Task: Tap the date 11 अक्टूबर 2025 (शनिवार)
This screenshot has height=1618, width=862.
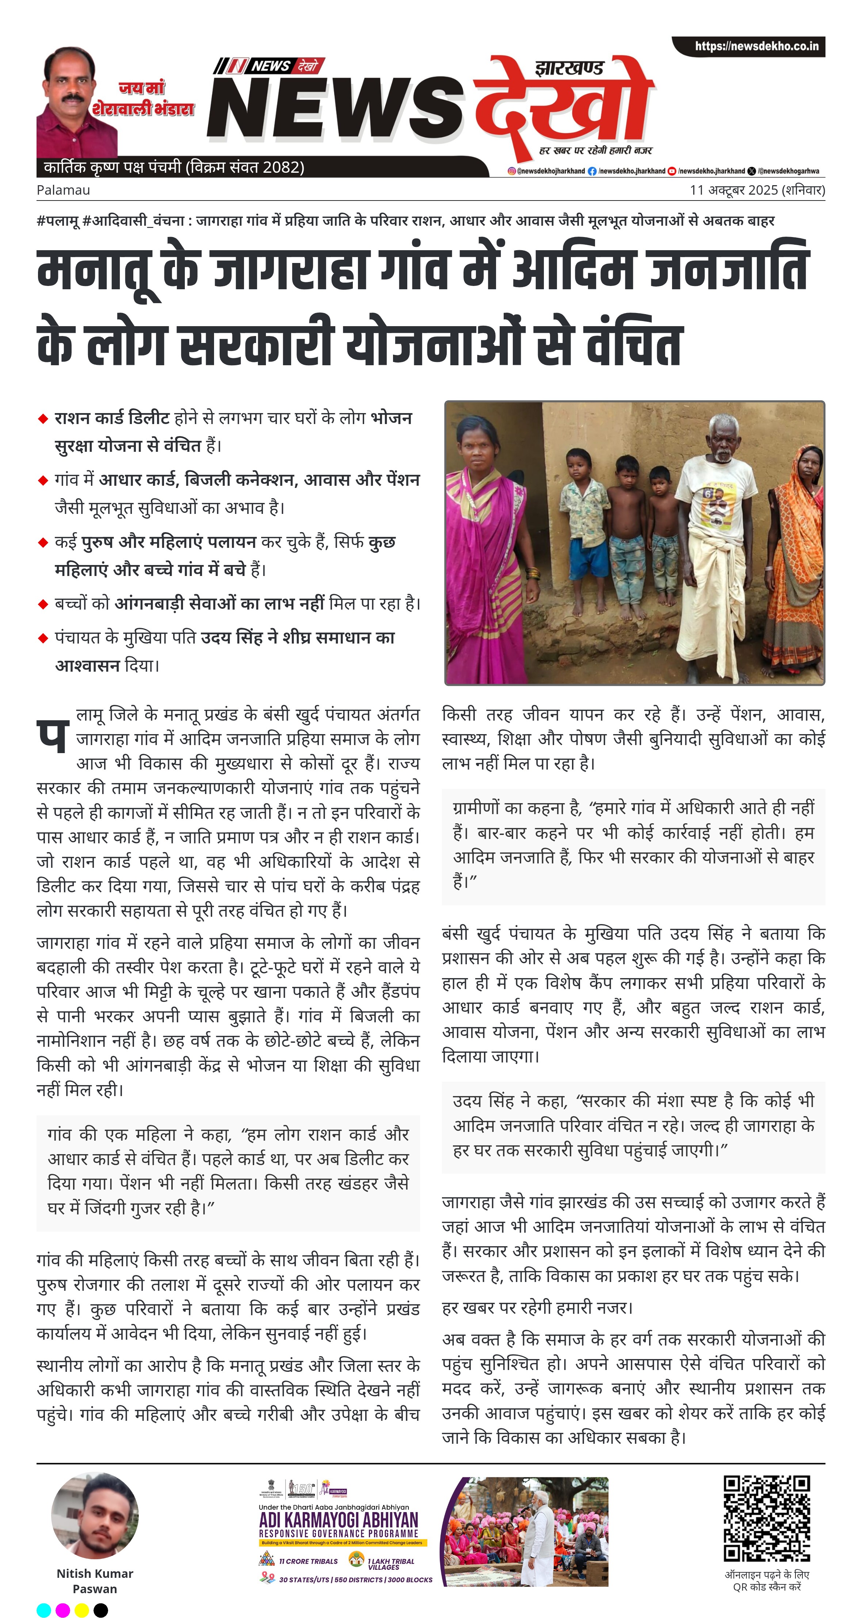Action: coord(757,190)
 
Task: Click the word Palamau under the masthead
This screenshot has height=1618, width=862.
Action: coord(63,190)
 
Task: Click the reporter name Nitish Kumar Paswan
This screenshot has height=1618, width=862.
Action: coord(95,1581)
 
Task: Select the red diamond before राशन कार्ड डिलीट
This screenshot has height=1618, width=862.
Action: coord(43,418)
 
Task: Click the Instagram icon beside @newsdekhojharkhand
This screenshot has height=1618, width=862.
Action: coord(512,171)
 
